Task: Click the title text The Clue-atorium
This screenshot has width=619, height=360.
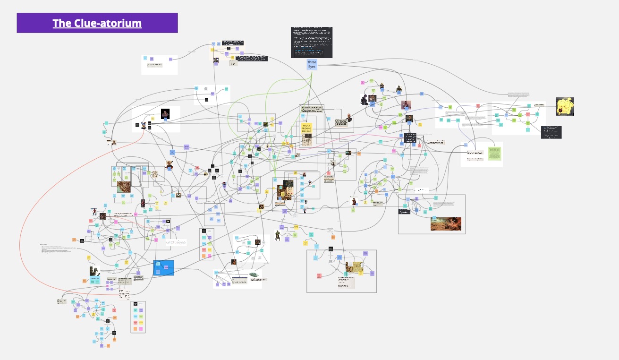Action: pyautogui.click(x=97, y=23)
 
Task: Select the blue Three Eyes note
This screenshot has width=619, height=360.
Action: pyautogui.click(x=312, y=64)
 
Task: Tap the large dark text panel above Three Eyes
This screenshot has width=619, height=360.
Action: pyautogui.click(x=311, y=43)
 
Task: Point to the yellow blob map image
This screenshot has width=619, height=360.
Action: pyautogui.click(x=565, y=106)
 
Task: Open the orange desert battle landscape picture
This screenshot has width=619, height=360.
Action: pyautogui.click(x=445, y=223)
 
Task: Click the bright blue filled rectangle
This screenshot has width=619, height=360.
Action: pyautogui.click(x=163, y=268)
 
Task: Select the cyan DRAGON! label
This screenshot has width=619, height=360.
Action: pyautogui.click(x=95, y=279)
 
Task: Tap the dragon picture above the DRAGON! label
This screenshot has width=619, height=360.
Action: pyautogui.click(x=95, y=270)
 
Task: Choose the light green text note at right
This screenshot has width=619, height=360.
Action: pyautogui.click(x=494, y=154)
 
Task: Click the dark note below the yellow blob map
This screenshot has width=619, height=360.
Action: pyautogui.click(x=551, y=132)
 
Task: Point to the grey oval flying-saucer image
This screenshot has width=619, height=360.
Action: pyautogui.click(x=254, y=274)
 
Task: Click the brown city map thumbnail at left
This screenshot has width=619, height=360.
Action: pyautogui.click(x=124, y=187)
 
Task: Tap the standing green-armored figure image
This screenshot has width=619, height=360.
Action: pyautogui.click(x=278, y=235)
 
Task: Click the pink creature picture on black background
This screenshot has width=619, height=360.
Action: pyautogui.click(x=165, y=113)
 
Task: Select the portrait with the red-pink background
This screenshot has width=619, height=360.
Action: pyautogui.click(x=406, y=105)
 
